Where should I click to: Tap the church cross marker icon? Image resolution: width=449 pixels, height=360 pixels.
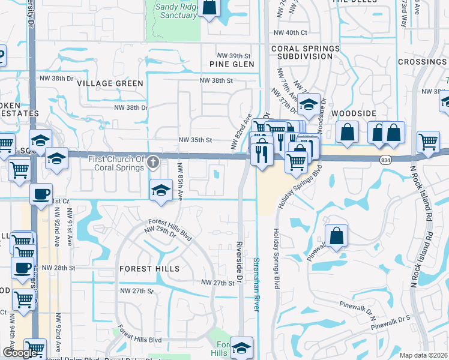point(153,161)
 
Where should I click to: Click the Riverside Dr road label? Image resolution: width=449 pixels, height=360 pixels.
point(238,263)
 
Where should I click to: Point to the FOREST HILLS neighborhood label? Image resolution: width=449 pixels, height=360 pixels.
point(149,269)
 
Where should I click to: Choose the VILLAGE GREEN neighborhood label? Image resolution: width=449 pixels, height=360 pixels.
point(110,84)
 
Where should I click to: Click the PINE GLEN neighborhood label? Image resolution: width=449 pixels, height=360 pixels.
point(232,64)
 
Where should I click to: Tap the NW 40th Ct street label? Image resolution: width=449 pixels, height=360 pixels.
point(289,32)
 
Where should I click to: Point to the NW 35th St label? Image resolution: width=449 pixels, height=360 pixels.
point(196,140)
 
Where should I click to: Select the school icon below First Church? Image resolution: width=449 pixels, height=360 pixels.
point(160,190)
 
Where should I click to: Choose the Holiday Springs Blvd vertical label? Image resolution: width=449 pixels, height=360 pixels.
point(277,258)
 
